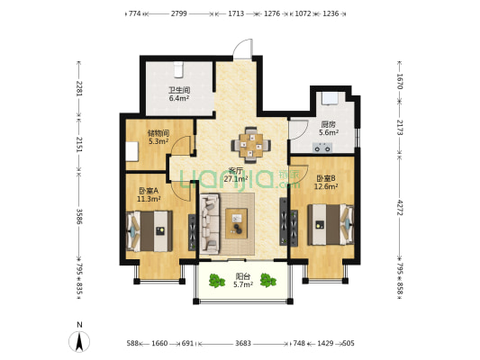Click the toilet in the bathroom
tap(178, 69)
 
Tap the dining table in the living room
tap(251, 145)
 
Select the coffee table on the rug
tap(236, 223)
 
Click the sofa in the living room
tap(210, 223)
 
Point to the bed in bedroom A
tap(149, 231)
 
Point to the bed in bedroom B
tap(331, 225)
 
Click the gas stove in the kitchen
tap(322, 148)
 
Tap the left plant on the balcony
tap(217, 281)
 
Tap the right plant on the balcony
tap(268, 280)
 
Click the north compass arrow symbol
tap(79, 342)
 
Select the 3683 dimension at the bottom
tap(243, 344)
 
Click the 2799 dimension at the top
tap(179, 13)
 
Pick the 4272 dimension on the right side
tap(400, 207)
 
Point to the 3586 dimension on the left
tap(79, 216)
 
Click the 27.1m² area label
tap(236, 179)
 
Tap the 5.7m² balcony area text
tap(243, 284)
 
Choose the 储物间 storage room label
tap(158, 133)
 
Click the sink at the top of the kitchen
tap(329, 98)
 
